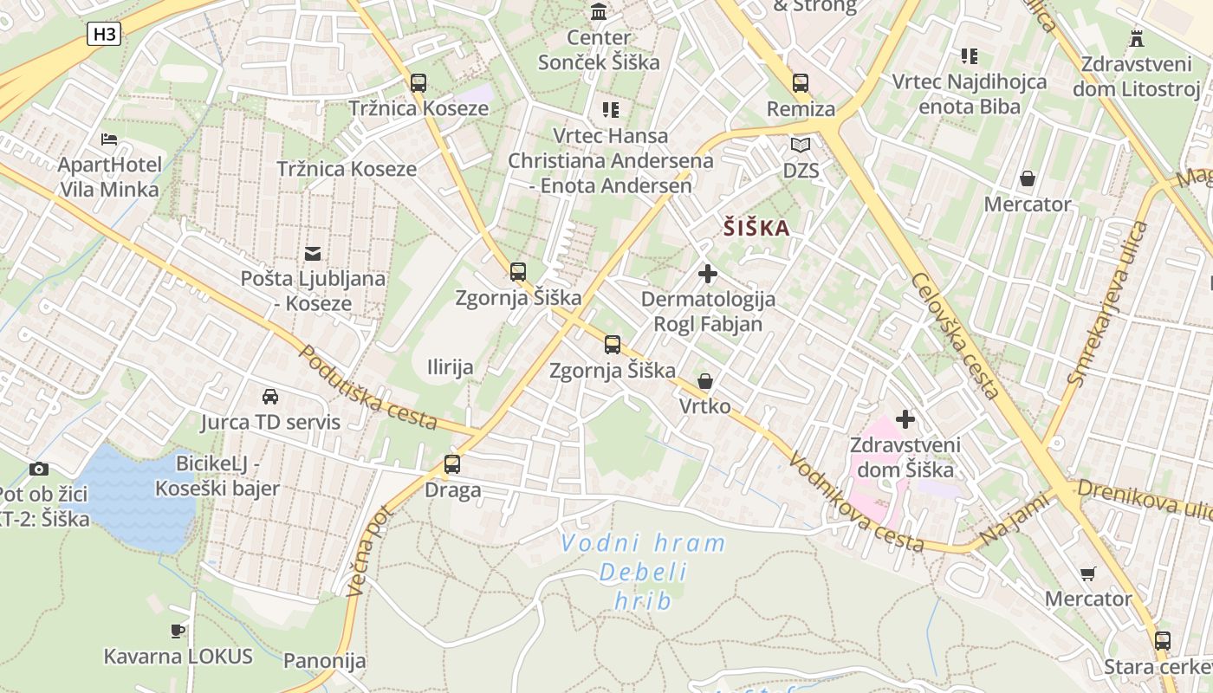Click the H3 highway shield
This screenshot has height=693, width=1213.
tap(104, 35)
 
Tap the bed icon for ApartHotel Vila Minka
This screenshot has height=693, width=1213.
tap(109, 139)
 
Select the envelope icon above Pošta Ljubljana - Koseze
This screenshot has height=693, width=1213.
tap(313, 253)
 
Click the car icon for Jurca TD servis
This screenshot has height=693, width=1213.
tap(270, 397)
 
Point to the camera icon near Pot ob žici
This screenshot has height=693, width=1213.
tap(39, 469)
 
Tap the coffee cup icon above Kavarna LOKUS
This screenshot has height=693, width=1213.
tap(178, 631)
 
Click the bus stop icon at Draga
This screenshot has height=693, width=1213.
tap(452, 464)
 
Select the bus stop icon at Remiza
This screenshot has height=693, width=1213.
tap(801, 83)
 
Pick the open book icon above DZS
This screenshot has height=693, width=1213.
tap(801, 145)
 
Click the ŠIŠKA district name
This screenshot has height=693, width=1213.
tap(757, 229)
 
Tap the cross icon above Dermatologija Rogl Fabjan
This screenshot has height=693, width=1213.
tap(708, 274)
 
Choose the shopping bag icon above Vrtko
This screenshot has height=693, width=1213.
tap(705, 381)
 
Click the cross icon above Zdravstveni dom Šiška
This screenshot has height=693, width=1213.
tap(905, 419)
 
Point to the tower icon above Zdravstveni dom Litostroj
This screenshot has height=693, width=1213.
tap(1137, 38)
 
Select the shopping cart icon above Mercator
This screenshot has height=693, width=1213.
tap(1088, 573)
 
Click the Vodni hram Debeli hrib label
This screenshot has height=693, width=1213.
tap(643, 572)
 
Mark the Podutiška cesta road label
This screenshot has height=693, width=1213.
tap(368, 387)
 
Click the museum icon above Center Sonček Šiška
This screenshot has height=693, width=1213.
tap(599, 11)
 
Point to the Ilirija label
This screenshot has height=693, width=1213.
tap(451, 367)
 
